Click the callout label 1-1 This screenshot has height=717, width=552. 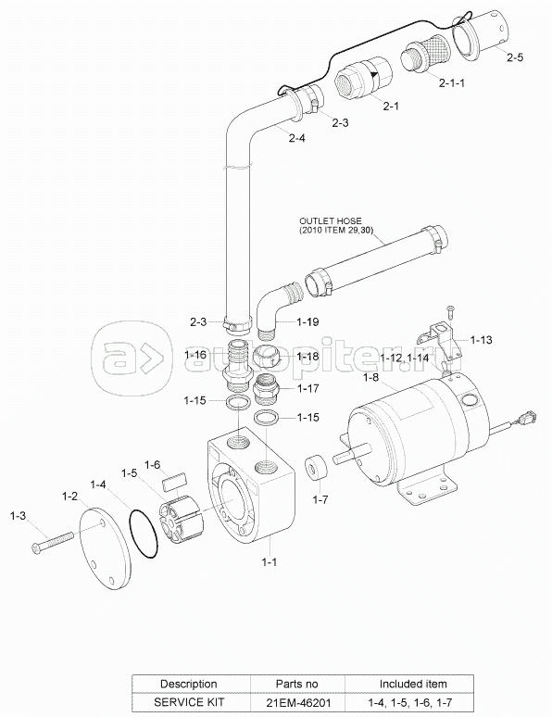click(269, 561)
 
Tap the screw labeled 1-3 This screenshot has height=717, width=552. click(53, 540)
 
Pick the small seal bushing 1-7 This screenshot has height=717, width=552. click(316, 467)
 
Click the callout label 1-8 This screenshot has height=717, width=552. click(370, 377)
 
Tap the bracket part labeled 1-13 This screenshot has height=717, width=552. click(437, 341)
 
